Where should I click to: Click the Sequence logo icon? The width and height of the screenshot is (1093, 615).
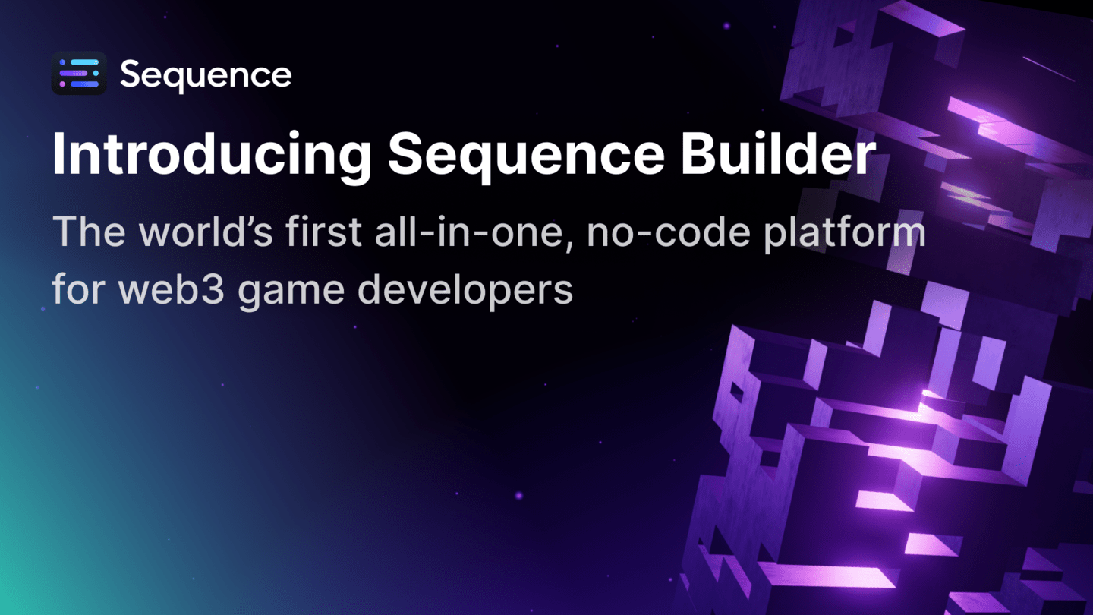tap(79, 74)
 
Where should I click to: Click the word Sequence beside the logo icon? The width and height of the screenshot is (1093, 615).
tap(206, 74)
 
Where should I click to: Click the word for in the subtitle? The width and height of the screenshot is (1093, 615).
tap(74, 289)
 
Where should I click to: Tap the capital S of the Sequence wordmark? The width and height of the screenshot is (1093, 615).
tap(131, 74)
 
